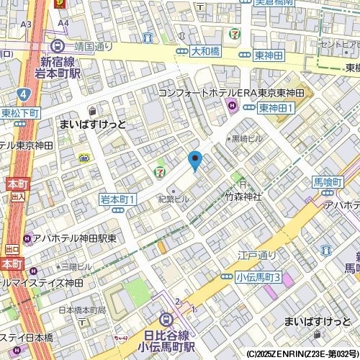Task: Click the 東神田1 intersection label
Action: (274, 108)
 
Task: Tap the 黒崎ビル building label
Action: (247, 138)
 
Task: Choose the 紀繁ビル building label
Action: (174, 198)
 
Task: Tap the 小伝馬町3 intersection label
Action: (258, 276)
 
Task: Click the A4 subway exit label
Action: (63, 24)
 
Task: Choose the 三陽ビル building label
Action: (76, 266)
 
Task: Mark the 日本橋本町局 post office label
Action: (81, 310)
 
